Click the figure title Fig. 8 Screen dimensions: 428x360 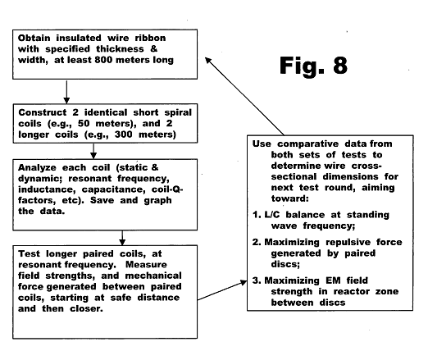pyautogui.click(x=313, y=66)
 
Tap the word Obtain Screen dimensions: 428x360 pyautogui.click(x=34, y=38)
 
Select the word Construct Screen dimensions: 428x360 pyautogui.click(x=43, y=112)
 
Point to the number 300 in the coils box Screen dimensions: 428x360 pyautogui.click(x=124, y=134)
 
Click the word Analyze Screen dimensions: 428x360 pyautogui.click(x=37, y=167)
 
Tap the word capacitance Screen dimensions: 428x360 pyautogui.click(x=114, y=189)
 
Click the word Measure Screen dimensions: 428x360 pyautogui.click(x=146, y=265)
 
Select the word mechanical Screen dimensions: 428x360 pyautogui.click(x=153, y=276)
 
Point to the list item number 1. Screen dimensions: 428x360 pyautogui.click(x=257, y=215)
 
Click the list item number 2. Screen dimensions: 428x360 pyautogui.click(x=257, y=242)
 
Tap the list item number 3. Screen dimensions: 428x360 pyautogui.click(x=257, y=280)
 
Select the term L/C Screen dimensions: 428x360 pyautogui.click(x=272, y=215)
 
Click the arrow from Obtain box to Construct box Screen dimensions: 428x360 pyautogui.click(x=66, y=92)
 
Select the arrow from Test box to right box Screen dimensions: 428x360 pyautogui.click(x=222, y=290)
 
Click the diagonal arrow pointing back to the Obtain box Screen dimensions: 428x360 pyautogui.click(x=244, y=96)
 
